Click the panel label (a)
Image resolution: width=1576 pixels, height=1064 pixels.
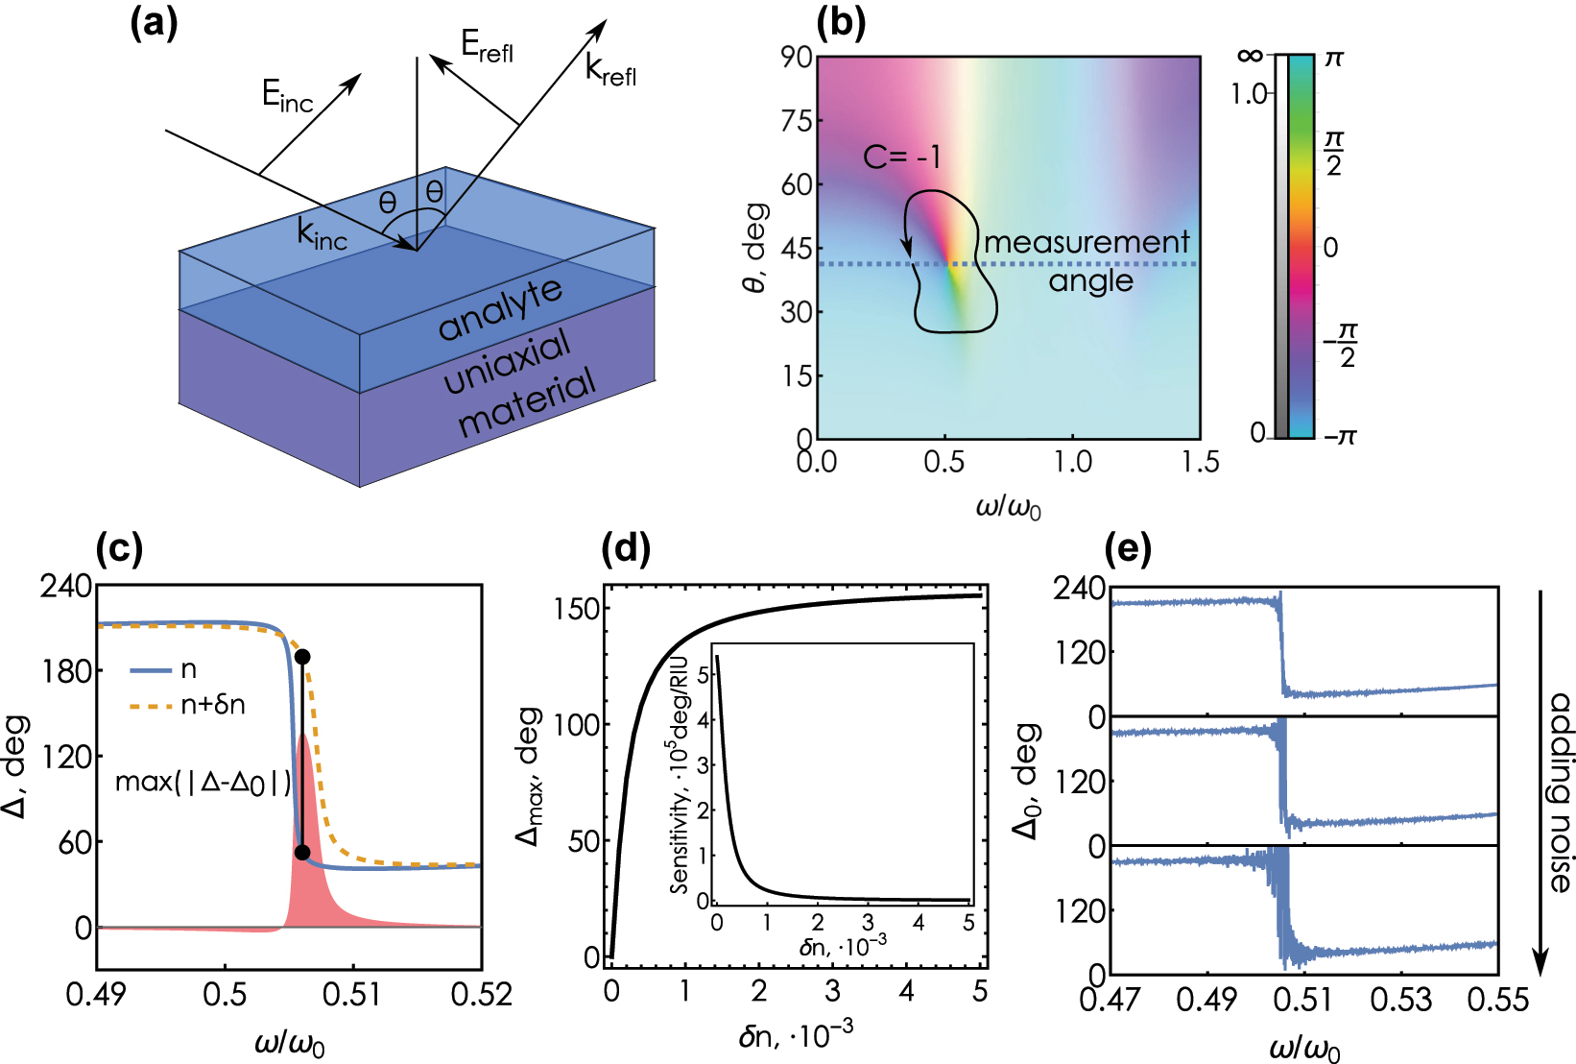tap(154, 24)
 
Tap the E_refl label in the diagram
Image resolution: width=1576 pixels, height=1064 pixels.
tap(486, 45)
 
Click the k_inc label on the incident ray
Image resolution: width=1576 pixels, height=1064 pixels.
tap(321, 234)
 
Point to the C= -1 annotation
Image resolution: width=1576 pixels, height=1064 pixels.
tap(901, 157)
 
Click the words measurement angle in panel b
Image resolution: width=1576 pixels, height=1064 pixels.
tap(1087, 260)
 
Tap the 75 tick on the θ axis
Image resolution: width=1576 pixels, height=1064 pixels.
tap(797, 121)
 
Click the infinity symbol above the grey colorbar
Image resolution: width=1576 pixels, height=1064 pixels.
tap(1249, 56)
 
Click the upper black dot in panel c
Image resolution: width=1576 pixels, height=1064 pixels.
tap(302, 657)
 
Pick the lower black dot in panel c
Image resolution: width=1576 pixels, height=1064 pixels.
tap(302, 853)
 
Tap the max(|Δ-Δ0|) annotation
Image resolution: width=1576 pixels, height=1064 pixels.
tap(203, 783)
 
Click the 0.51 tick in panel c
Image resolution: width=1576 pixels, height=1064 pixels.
tap(352, 995)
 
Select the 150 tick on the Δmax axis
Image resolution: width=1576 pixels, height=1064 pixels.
tap(577, 609)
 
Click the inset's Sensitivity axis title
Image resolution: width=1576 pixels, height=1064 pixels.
tap(681, 774)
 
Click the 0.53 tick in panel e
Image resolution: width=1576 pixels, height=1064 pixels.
tap(1400, 1001)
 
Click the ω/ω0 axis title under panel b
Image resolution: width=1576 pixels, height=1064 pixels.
tap(1008, 506)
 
